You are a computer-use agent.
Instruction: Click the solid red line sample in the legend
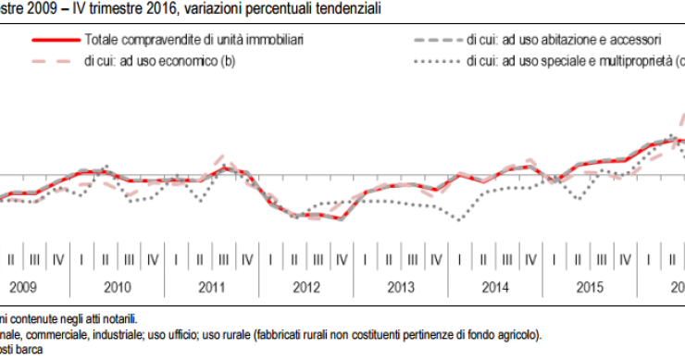[54, 42]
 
